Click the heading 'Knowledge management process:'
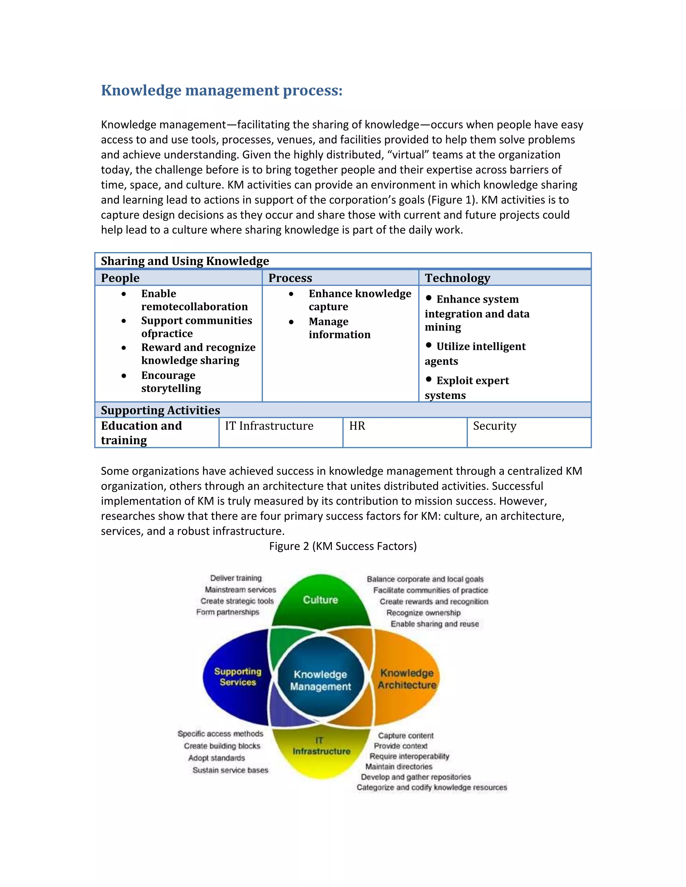click(x=221, y=90)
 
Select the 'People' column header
click(x=120, y=278)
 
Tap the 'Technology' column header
click(x=458, y=278)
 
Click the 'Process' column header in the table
click(x=290, y=278)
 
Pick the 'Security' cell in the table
click(x=495, y=426)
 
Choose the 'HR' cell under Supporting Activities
click(x=357, y=426)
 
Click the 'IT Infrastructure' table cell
click(x=269, y=426)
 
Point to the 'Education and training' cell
click(x=141, y=432)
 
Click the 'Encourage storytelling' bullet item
click(x=171, y=382)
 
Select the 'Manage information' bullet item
click(x=339, y=328)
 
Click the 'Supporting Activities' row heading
click(x=160, y=410)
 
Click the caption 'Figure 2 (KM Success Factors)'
click(x=343, y=546)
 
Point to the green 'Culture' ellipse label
click(x=320, y=600)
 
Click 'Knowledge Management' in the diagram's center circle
click(x=320, y=680)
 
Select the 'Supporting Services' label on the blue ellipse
click(x=238, y=676)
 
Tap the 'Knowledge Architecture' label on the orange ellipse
click(x=406, y=679)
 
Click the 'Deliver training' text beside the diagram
click(x=236, y=578)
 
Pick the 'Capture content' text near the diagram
click(x=406, y=735)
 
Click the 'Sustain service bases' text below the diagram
click(x=230, y=770)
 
